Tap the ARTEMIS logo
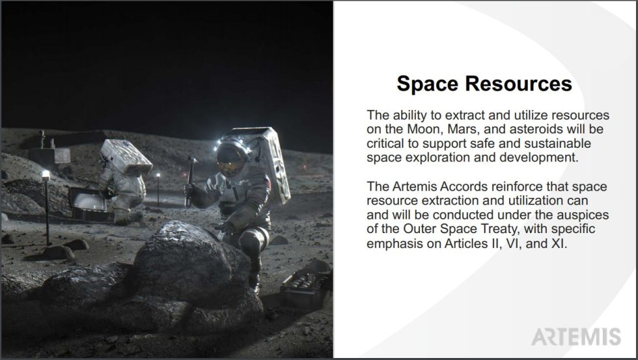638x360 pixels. [576, 336]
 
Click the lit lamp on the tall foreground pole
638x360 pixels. [46, 175]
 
